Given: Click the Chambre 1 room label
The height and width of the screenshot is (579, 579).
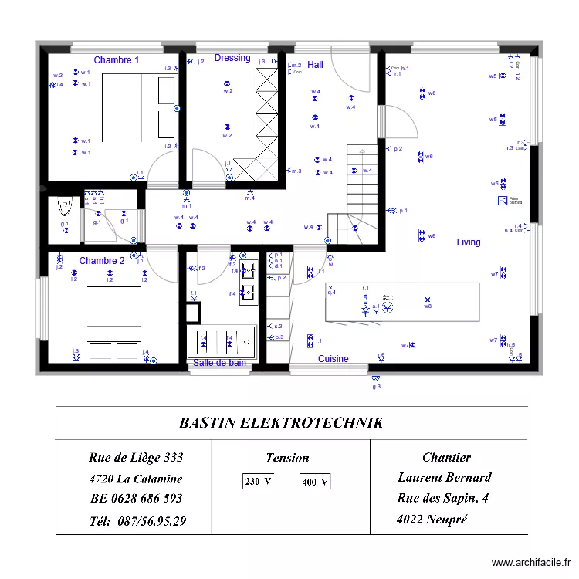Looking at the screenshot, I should pos(117,60).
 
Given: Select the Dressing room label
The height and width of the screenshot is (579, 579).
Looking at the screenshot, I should pos(232,58).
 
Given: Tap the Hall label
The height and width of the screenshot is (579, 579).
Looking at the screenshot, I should pos(315,65).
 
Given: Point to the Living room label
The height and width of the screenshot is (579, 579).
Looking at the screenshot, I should pos(468,242).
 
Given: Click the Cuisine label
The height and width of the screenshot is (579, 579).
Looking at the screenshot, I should pos(334,359).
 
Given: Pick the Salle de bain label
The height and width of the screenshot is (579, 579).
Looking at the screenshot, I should pos(219,363).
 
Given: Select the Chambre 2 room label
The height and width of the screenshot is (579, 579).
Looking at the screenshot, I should pos(102,261).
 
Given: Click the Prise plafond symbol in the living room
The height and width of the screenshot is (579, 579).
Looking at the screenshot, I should pos(503,201).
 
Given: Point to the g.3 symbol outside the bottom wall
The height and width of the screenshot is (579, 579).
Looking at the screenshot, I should pos(376,380).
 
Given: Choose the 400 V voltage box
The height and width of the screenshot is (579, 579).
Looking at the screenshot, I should pos(315,482).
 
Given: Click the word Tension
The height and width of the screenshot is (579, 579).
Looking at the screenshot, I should pos(287,458).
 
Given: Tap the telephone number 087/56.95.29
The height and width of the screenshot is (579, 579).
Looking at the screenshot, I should pos(138,521).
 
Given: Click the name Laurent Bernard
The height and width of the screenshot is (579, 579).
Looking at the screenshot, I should pos(444,477).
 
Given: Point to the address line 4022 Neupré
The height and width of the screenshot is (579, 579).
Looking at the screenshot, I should pos(432,519).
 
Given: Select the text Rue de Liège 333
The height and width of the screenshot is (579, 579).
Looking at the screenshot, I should pos(136,458).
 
